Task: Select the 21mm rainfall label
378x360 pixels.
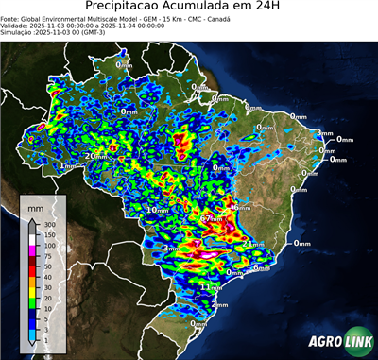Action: pyautogui.click(x=253, y=244)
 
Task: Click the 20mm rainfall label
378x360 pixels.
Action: pyautogui.click(x=94, y=156)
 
